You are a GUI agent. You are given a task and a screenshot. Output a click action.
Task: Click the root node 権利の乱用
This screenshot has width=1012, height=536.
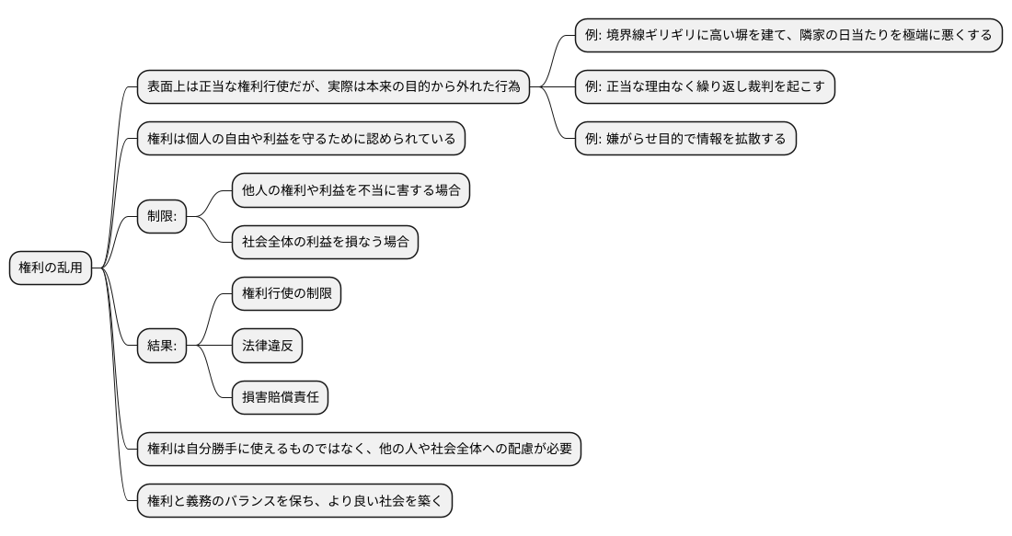(52, 268)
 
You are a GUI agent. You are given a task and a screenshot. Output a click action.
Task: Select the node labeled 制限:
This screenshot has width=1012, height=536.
(161, 217)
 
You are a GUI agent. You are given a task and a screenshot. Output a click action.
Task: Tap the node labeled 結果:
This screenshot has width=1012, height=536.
(161, 346)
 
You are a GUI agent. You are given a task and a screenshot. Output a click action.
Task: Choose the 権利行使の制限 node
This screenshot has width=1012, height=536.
(286, 294)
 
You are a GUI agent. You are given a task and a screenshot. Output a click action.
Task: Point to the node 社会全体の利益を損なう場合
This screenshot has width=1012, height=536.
(324, 243)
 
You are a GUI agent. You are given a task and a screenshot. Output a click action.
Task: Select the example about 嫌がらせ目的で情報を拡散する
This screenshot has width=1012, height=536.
(685, 138)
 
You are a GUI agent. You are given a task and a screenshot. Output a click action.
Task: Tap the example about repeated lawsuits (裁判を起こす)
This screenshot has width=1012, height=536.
(704, 86)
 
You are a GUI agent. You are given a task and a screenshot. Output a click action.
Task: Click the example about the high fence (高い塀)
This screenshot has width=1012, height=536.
(788, 35)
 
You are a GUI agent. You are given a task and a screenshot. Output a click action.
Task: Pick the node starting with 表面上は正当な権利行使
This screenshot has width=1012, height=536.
(333, 86)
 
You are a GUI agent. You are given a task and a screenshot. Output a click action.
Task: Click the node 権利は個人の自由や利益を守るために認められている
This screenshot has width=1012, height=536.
(301, 139)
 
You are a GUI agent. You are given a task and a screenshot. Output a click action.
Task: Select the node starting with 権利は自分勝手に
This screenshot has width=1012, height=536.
(359, 450)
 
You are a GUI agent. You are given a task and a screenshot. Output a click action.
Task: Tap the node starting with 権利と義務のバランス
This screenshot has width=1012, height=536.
(294, 501)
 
